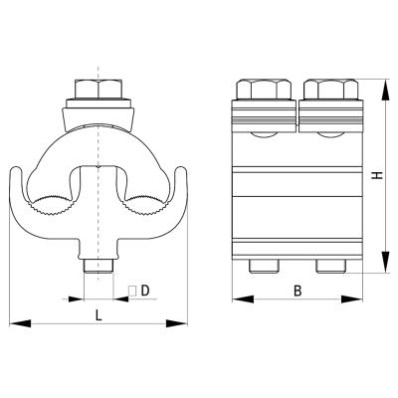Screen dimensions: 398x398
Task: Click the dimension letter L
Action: click(99, 314)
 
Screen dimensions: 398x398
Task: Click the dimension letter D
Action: click(145, 291)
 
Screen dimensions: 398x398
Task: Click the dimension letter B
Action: click(298, 291)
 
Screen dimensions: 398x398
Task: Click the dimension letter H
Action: click(377, 175)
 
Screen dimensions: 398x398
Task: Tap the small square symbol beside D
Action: click(132, 291)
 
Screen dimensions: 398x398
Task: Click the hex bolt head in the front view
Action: click(99, 89)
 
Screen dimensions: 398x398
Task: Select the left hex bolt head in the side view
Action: click(264, 89)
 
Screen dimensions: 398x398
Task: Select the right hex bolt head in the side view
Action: click(331, 89)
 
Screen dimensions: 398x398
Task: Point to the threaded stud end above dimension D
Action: click(99, 267)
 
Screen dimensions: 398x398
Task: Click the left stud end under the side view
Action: click(264, 267)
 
